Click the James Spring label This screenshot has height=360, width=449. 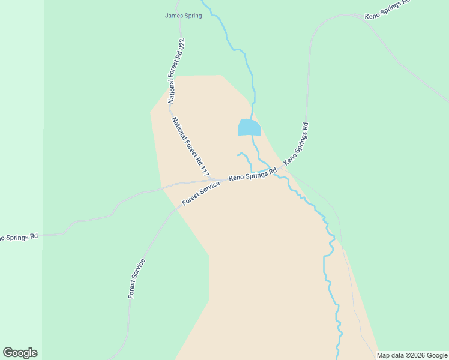pyautogui.click(x=183, y=16)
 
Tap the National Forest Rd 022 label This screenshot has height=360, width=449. pyautogui.click(x=175, y=71)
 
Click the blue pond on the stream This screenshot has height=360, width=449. pyautogui.click(x=249, y=127)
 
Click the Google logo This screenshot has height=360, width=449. pyautogui.click(x=20, y=353)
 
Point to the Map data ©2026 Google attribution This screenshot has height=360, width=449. pyautogui.click(x=412, y=355)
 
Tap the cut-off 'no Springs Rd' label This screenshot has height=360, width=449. pyautogui.click(x=18, y=237)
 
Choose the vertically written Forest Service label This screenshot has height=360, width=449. pyautogui.click(x=137, y=278)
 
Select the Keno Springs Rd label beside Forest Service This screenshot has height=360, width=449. pyautogui.click(x=253, y=175)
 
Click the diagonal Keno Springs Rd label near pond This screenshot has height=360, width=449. pyautogui.click(x=296, y=144)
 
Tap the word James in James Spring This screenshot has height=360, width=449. pyautogui.click(x=173, y=16)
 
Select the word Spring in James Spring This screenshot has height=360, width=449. pyautogui.click(x=192, y=16)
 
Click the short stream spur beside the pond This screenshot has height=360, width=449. pyautogui.click(x=244, y=157)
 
